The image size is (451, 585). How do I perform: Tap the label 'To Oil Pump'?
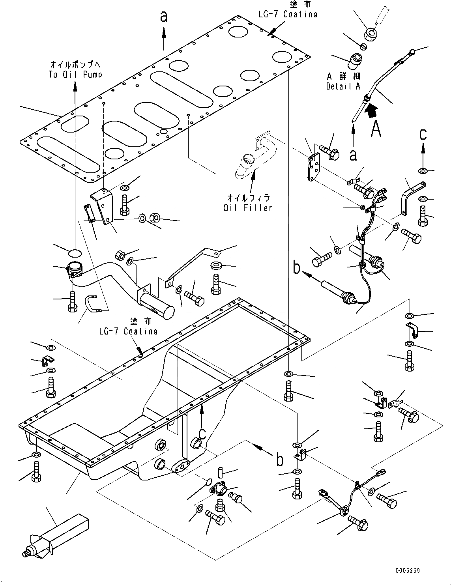pos(76,74)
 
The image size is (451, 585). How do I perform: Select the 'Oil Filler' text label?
pos(248,207)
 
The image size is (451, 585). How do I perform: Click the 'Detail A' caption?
pos(343,86)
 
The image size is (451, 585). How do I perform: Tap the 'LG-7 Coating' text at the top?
pos(288,14)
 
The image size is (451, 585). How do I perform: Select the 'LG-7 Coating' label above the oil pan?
pos(128,331)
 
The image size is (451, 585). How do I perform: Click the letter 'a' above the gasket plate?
pos(164,17)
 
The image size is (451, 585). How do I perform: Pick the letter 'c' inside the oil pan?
pos(202,433)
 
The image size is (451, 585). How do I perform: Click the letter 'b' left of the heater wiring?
pos(296,267)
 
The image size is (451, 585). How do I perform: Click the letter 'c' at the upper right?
pos(423,135)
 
